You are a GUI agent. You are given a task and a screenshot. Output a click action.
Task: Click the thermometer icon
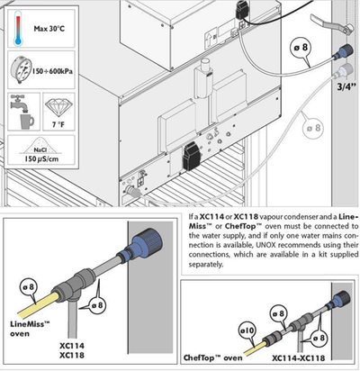[18, 28]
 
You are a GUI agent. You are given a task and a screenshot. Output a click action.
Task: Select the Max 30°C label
[49, 29]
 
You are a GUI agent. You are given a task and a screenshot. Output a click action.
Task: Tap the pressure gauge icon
[21, 70]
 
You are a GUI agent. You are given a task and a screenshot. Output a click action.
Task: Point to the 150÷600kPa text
[52, 71]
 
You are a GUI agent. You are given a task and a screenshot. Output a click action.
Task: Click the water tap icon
[22, 112]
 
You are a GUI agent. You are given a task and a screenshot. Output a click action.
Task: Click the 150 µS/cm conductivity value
[41, 158]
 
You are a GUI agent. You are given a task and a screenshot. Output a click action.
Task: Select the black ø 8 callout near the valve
[301, 48]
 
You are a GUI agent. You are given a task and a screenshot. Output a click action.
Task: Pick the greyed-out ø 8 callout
[313, 129]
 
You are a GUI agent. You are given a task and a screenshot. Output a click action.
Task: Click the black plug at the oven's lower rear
[191, 156]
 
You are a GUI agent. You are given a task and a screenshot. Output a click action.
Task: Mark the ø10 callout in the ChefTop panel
[247, 331]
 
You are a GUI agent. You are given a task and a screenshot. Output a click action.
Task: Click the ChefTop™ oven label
[212, 357]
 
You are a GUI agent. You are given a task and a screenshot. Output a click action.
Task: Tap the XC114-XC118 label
[298, 357]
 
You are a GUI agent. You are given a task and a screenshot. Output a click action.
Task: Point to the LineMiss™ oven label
[30, 329]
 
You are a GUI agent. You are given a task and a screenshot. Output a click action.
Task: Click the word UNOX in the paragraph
[265, 245]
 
